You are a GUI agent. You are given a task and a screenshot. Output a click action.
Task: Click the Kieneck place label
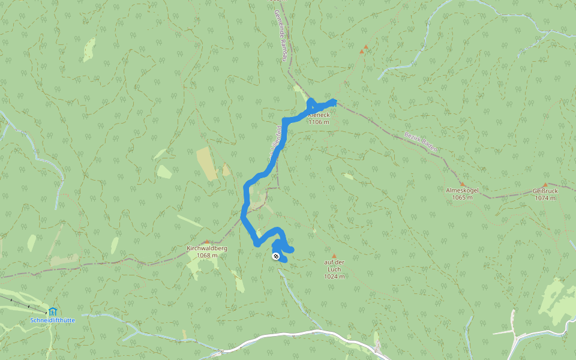[319, 115]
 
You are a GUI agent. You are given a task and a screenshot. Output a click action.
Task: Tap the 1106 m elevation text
[319, 122]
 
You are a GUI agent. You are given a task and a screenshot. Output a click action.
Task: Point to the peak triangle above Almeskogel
[461, 184]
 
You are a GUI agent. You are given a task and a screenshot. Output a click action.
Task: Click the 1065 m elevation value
[463, 197]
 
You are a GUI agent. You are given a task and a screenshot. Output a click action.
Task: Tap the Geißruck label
[545, 191]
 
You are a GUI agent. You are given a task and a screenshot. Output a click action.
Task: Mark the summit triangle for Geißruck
[545, 185]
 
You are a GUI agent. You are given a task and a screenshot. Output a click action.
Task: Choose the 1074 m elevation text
[545, 198]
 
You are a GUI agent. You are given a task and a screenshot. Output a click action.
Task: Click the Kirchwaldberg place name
[206, 248]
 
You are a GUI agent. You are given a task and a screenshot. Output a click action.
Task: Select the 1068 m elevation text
[206, 255]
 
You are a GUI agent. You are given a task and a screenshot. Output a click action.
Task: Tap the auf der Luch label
[334, 262]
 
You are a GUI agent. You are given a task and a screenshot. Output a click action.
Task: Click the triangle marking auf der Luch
[334, 256]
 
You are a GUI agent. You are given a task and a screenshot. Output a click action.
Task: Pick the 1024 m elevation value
[334, 277]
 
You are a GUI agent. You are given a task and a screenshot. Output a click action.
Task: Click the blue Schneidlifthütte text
[53, 320]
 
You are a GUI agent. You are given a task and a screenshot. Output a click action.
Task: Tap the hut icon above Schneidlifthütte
[53, 311]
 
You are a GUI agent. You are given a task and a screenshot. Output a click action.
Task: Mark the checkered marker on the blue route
[276, 257]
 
